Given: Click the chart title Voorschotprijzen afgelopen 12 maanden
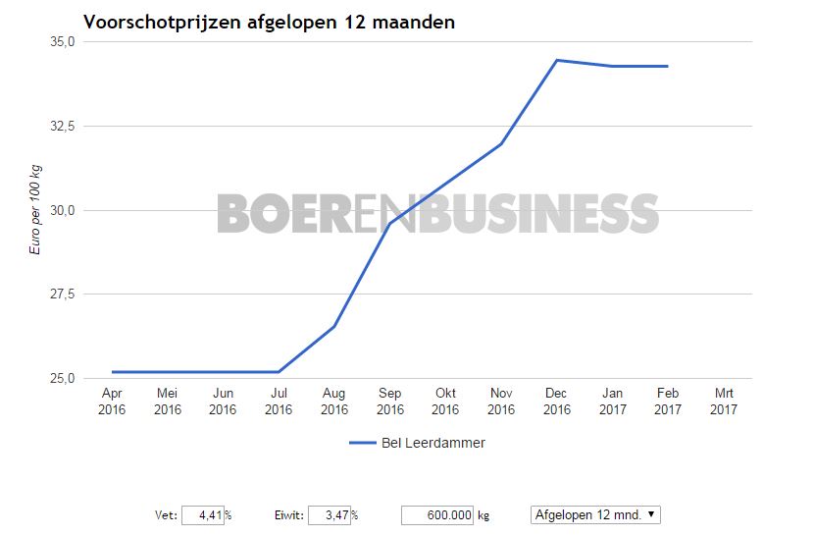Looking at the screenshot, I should [x=269, y=22].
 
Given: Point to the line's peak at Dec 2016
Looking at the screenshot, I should [x=556, y=60].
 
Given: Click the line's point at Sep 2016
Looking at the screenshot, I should [x=390, y=224].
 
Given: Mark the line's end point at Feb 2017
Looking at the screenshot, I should [x=667, y=66].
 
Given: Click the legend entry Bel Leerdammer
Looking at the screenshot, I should [x=417, y=443].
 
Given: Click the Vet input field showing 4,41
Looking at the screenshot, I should [x=203, y=514].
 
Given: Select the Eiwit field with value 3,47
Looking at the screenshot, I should [x=330, y=514].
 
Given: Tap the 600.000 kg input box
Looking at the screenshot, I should [x=437, y=514].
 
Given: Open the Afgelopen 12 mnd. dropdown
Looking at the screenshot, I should [x=596, y=514].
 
